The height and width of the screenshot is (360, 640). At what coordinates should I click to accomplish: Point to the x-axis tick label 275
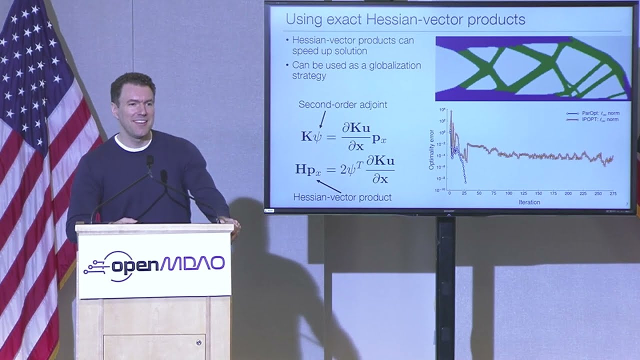pyautogui.click(x=613, y=193)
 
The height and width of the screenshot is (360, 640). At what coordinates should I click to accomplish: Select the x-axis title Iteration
pyautogui.click(x=529, y=202)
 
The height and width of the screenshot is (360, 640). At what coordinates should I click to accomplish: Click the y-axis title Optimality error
pyautogui.click(x=431, y=149)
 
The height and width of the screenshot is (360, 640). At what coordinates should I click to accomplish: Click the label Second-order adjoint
pyautogui.click(x=342, y=104)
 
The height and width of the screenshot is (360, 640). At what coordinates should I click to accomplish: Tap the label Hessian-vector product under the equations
pyautogui.click(x=342, y=197)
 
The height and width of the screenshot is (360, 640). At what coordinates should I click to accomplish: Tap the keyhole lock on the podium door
pyautogui.click(x=198, y=342)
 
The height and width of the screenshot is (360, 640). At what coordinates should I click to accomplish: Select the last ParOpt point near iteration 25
pyautogui.click(x=465, y=182)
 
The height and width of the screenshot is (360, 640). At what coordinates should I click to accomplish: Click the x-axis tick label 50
pyautogui.click(x=479, y=193)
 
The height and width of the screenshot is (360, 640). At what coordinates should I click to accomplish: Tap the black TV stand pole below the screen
pyautogui.click(x=445, y=285)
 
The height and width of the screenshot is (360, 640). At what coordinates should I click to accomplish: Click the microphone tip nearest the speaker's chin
pyautogui.click(x=149, y=160)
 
